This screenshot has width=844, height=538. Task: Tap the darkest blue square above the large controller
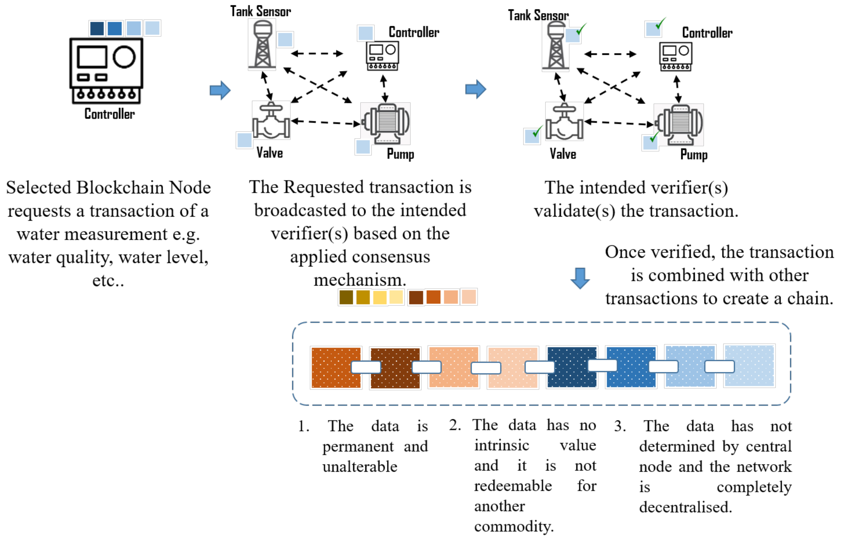97,28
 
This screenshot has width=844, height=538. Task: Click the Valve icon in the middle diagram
271,121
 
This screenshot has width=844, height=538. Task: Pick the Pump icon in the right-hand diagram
679,125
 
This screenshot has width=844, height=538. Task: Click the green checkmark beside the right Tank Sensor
581,29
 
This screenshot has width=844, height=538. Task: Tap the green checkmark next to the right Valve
536,132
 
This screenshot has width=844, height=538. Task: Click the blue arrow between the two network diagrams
476,89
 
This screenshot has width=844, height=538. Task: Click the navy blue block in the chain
572,367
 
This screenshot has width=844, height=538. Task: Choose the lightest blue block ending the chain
749,366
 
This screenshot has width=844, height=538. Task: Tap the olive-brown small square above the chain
346,297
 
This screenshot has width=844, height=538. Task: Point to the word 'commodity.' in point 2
514,526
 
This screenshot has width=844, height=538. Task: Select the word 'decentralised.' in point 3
685,507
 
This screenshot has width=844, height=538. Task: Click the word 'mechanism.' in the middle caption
360,280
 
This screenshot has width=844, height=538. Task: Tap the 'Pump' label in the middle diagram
400,154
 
